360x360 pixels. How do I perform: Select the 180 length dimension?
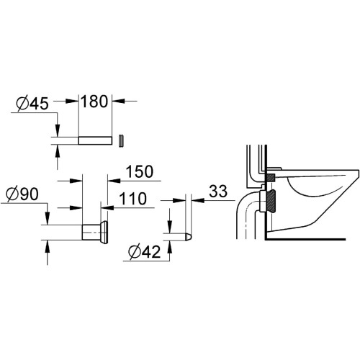pos(95,101)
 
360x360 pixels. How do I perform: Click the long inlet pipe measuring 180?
pos(94,139)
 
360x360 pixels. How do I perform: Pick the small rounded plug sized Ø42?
pos(181,235)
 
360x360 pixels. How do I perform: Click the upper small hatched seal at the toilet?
pos(271,176)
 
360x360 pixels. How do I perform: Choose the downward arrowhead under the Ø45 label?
pos(56,130)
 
